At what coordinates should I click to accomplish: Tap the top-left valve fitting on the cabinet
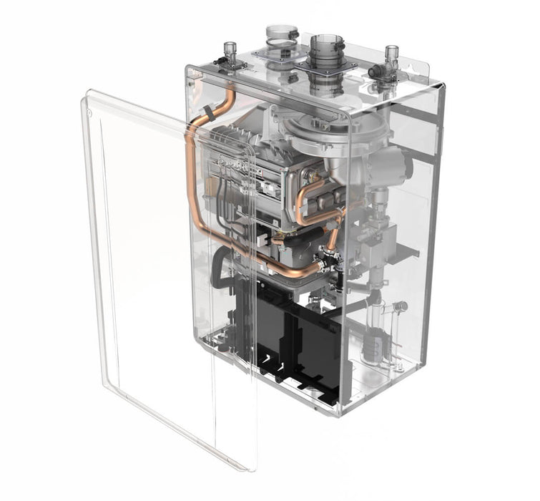pos(230,54)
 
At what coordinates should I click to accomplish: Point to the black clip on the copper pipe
pos(207,110)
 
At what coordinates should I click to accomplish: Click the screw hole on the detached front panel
pos(86,112)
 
